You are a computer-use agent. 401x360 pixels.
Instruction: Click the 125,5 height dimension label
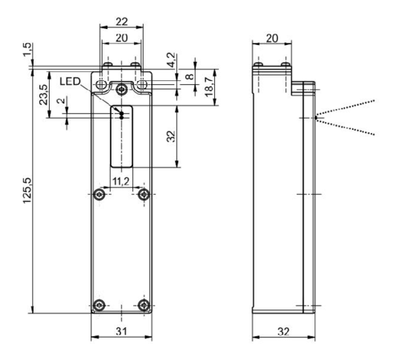point(27,190)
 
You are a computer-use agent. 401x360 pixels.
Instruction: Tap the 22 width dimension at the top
point(122,22)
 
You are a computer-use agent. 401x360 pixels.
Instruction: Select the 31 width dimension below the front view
point(122,331)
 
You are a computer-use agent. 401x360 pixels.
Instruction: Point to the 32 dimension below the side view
point(283,331)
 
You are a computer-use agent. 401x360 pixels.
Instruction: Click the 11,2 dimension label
point(121,181)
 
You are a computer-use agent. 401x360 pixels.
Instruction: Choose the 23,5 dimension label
point(43,95)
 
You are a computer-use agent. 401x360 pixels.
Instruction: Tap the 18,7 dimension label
point(209,87)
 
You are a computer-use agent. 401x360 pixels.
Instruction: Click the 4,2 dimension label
point(171,60)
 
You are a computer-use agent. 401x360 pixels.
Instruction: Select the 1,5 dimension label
point(27,50)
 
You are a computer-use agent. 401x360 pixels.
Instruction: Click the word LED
point(70,81)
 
